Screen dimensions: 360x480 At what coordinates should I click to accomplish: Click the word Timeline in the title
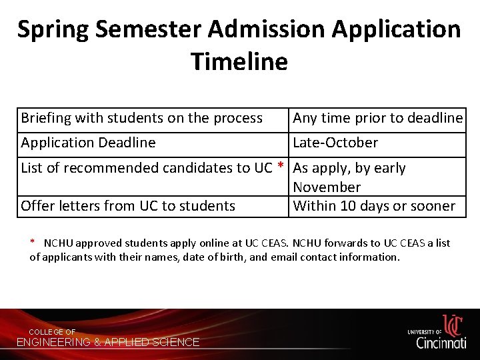tap(239, 61)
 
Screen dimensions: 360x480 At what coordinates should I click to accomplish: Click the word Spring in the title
tap(53, 29)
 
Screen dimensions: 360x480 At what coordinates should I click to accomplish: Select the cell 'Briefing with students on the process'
tap(142, 118)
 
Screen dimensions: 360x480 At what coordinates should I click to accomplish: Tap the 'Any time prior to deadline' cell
tap(377, 118)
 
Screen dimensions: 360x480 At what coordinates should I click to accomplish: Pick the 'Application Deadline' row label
tap(88, 143)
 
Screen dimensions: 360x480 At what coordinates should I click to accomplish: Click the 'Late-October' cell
tap(335, 143)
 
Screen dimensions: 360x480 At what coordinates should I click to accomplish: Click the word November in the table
tap(327, 187)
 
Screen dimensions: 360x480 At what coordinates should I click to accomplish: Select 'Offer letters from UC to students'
tap(128, 206)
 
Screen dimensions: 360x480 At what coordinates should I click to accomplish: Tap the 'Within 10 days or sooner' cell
tap(374, 206)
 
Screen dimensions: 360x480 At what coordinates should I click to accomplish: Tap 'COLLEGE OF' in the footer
tap(52, 332)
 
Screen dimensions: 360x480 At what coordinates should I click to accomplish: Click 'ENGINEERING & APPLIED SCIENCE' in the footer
tap(108, 343)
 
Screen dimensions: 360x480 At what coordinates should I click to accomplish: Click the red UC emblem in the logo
tap(453, 325)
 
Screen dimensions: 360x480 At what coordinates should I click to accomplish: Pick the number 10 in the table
tap(349, 206)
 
